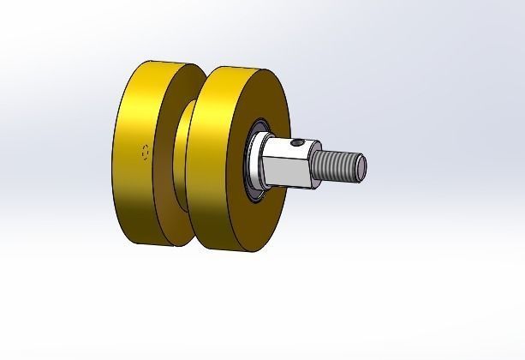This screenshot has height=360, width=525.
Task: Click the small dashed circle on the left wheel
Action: pos(146,153)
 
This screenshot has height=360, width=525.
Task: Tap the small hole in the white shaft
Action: pos(295,144)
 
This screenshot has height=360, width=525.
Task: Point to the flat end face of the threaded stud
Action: pos(363,166)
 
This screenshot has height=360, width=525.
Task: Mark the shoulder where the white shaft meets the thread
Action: pos(312,165)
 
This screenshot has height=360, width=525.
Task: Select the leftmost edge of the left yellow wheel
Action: pos(113,154)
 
